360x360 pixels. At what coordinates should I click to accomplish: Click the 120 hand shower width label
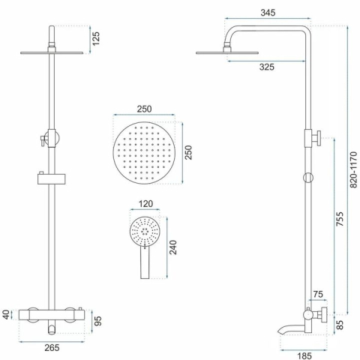[145, 204]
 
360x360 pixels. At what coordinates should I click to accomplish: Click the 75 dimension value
[318, 295]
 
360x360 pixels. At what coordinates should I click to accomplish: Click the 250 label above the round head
[145, 109]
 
